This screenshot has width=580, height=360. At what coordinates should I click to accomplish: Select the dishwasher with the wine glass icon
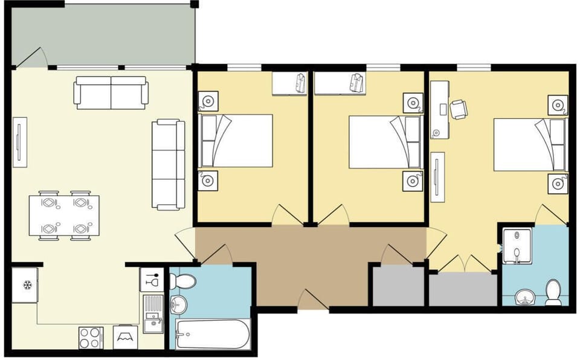click(x=152, y=280)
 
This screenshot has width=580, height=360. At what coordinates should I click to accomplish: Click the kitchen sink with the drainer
click(x=153, y=313)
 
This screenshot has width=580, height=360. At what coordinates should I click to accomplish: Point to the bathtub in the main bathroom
click(x=212, y=334)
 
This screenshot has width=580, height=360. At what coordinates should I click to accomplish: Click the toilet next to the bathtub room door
click(x=182, y=281)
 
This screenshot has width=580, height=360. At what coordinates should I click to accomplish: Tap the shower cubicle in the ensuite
click(x=517, y=246)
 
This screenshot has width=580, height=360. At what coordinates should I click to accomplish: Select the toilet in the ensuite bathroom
click(x=553, y=292)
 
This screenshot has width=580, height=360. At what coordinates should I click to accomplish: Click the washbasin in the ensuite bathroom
click(x=524, y=297)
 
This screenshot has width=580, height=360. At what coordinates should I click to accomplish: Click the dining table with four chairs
click(x=64, y=216)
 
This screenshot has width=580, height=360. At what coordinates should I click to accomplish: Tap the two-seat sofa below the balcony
click(x=111, y=92)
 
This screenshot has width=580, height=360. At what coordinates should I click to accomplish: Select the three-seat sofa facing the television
click(x=168, y=164)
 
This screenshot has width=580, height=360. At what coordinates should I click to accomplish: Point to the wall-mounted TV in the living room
click(x=20, y=143)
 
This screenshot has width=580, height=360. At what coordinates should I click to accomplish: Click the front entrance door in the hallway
click(x=312, y=300)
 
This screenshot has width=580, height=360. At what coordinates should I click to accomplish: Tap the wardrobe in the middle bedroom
click(x=340, y=83)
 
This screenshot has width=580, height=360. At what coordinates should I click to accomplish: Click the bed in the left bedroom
click(x=236, y=141)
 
